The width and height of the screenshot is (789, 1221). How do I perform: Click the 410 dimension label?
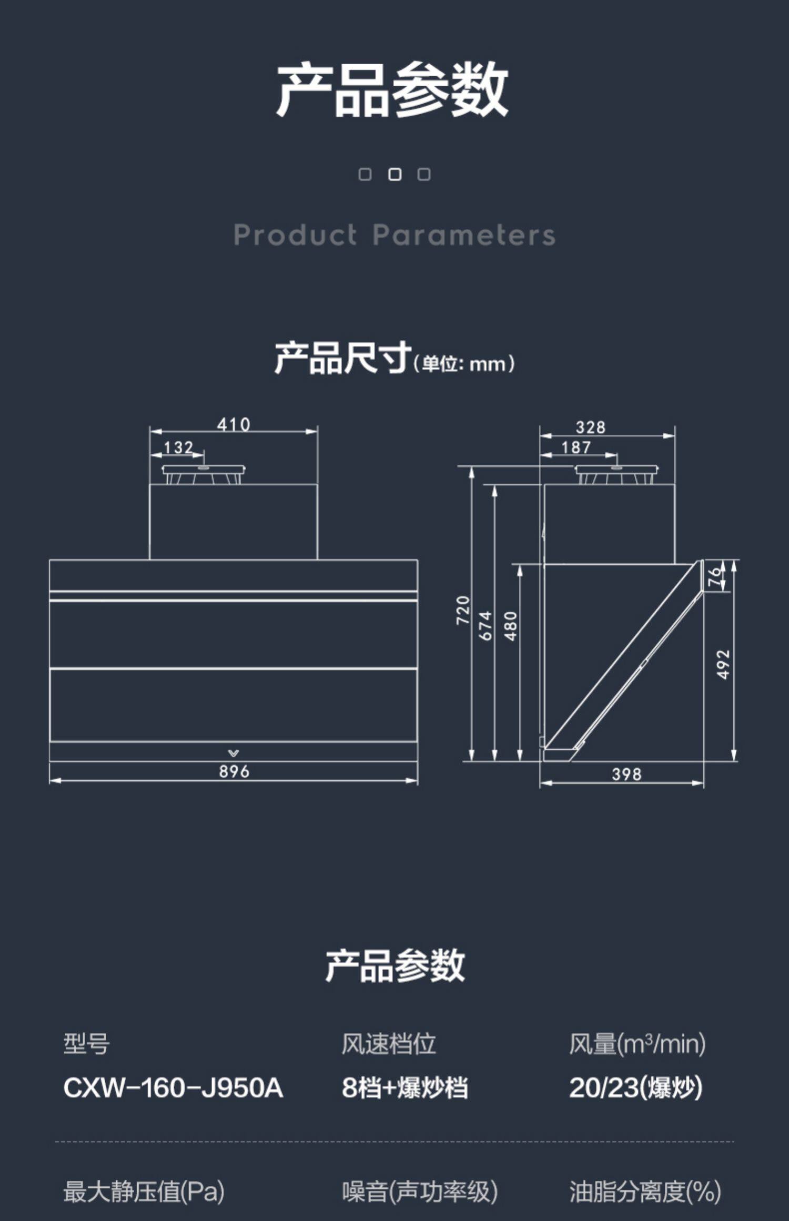pos(234,424)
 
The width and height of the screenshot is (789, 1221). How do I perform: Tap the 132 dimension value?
pos(178,447)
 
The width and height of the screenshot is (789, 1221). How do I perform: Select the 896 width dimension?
pos(234,771)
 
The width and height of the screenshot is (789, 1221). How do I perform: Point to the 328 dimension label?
pos(590,427)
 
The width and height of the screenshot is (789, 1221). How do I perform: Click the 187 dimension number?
pos(576,447)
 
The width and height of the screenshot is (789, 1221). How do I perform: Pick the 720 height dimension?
pos(463,610)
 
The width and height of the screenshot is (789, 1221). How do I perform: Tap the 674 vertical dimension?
pos(486,625)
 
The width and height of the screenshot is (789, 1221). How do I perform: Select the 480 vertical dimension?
pos(511,626)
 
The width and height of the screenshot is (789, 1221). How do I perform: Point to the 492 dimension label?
pos(724,664)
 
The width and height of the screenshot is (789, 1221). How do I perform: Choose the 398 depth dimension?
pos(626,774)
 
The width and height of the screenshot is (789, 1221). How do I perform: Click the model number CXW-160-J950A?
pos(173,1087)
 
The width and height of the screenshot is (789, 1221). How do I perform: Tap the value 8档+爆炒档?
pos(404,1087)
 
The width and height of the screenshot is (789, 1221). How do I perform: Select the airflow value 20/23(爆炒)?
pos(635,1087)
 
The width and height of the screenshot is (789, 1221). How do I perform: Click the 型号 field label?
pos(87,1044)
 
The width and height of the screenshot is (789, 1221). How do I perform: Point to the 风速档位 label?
pos(389,1044)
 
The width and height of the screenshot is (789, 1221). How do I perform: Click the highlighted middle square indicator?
pos(394,175)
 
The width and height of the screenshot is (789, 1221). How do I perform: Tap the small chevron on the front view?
pos(234,754)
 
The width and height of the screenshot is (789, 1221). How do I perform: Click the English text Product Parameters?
pos(394,235)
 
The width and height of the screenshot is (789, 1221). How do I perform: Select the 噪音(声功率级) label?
pos(420,1192)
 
